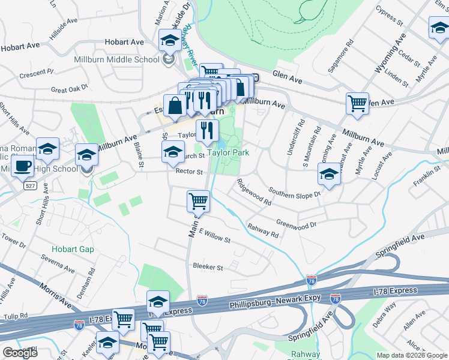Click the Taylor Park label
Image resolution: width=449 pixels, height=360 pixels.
(228, 152)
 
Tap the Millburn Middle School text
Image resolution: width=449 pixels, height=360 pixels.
(124, 59)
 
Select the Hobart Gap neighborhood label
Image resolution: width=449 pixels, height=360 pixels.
(72, 249)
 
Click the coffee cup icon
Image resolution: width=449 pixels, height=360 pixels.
(22, 166)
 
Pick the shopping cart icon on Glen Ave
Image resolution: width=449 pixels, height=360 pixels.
(357, 103)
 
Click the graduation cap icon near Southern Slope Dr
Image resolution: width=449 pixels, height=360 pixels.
(329, 174)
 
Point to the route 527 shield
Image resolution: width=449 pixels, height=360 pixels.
(30, 187)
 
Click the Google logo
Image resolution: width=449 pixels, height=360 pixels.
(20, 353)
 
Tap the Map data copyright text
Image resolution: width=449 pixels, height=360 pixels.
(412, 355)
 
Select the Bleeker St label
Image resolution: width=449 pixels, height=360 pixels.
(208, 266)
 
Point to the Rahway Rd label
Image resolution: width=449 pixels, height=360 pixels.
(263, 230)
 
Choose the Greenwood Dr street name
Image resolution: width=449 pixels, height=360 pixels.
(296, 224)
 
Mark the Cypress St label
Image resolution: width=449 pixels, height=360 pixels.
(390, 16)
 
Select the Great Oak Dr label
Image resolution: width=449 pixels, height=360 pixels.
(67, 90)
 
